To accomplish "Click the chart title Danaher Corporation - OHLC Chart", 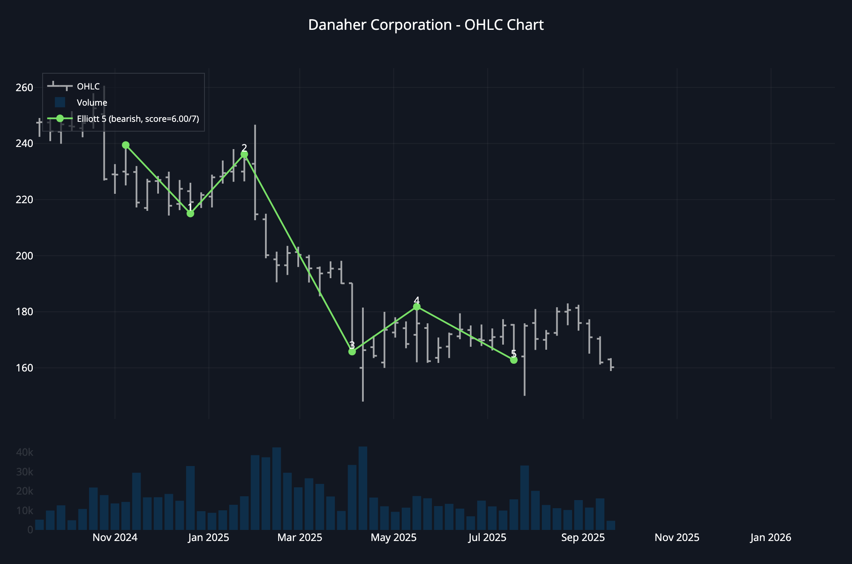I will pos(426,25).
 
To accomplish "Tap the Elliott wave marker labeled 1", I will pos(190,213).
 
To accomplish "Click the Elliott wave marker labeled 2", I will pos(244,155).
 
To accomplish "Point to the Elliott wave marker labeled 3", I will pos(352,351).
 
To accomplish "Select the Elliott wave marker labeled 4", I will pos(417,307).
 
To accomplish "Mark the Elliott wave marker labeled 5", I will pos(514,360).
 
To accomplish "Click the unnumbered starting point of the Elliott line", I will pos(126,145).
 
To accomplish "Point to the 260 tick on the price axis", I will pos(24,88).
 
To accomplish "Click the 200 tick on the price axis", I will pos(24,256).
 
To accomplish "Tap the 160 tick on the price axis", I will pos(24,368).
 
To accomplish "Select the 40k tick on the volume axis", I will pos(24,452).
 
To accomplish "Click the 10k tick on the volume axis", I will pos(24,510).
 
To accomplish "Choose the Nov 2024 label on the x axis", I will pos(115,538).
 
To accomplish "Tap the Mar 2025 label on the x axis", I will pos(300,538).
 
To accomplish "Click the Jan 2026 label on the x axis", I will pos(771,538).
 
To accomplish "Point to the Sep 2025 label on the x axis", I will pos(583,538).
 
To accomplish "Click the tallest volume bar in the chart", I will pos(363,488).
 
